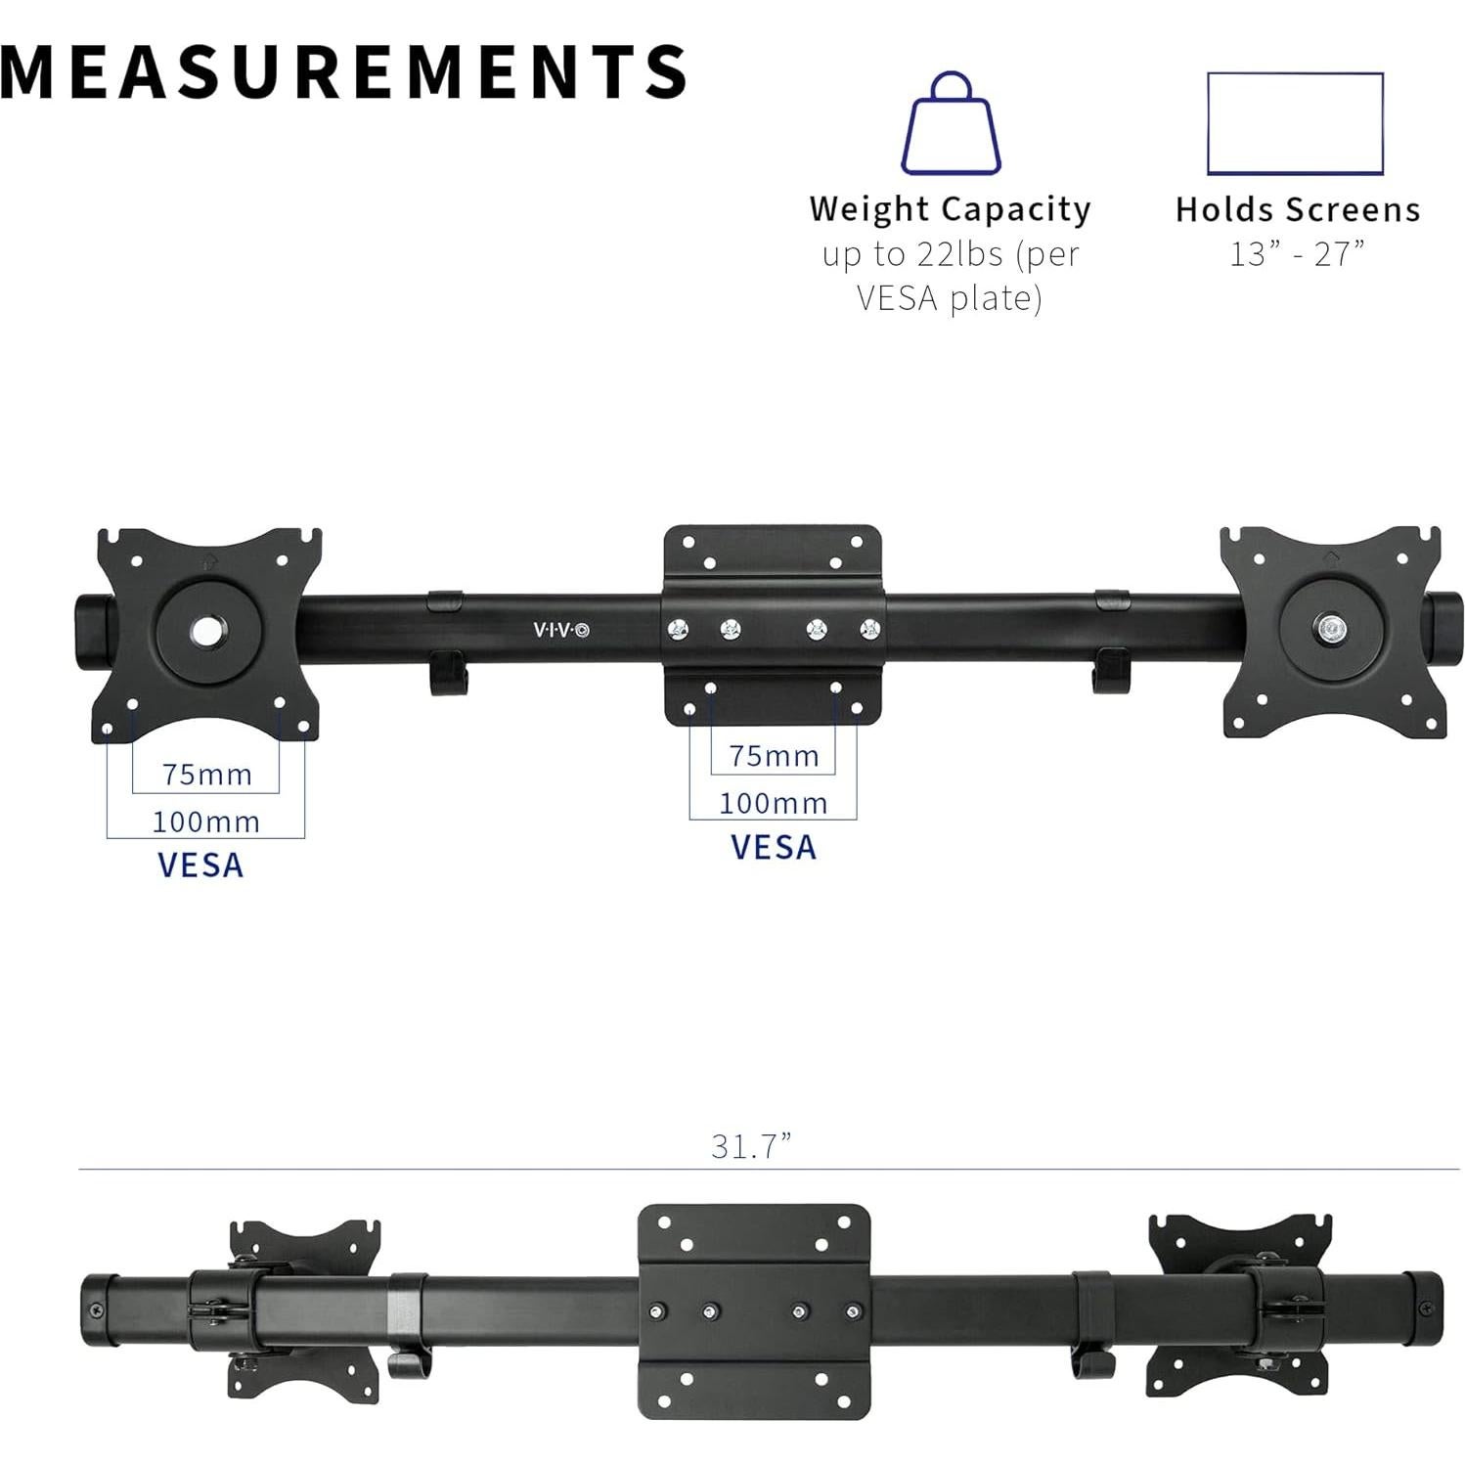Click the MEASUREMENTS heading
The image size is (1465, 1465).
coord(342,71)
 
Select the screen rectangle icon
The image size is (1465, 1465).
coord(1295,123)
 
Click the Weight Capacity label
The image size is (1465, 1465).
coord(950,209)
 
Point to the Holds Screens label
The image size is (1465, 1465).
coord(1297,209)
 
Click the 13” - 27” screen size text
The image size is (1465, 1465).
coord(1297,254)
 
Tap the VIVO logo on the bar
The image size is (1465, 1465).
coord(561,630)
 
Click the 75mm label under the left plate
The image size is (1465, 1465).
coord(207,775)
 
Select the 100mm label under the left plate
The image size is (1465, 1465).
coord(206,821)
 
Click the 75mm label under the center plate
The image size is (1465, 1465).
coord(774,756)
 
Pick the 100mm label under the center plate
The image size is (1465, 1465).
coord(774,803)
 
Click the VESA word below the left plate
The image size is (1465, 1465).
coord(200,866)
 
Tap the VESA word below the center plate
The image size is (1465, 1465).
coord(774,847)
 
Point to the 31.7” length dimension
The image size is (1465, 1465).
coord(751,1146)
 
